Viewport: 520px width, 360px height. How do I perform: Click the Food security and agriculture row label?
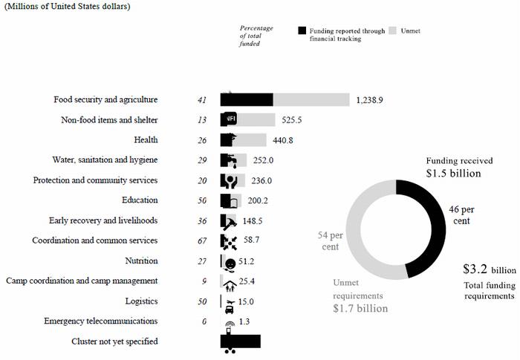click(105, 99)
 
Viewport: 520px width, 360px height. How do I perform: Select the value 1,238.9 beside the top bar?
click(370, 99)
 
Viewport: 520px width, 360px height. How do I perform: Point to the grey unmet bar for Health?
click(253, 140)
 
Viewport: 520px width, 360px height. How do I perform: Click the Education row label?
click(140, 200)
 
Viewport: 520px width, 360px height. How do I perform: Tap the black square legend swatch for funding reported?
click(302, 30)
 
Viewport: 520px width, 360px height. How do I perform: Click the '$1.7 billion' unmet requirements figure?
click(360, 308)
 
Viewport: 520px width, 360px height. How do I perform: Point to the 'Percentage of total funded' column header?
click(256, 36)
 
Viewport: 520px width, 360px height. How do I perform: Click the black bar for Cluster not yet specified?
click(240, 341)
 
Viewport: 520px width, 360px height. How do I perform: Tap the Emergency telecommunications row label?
click(100, 321)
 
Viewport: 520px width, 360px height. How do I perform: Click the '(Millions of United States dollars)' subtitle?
click(68, 7)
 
